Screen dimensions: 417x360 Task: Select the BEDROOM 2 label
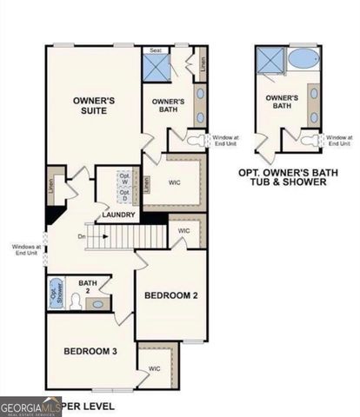tap(171, 296)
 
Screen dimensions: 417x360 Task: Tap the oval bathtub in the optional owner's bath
tap(303, 60)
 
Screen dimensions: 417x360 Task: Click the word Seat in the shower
tap(157, 50)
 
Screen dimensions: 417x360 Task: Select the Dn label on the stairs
tap(82, 236)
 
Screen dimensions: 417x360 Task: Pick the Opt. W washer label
tap(123, 180)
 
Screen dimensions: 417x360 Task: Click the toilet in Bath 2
tap(77, 301)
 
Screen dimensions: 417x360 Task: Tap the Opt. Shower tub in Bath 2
tap(56, 292)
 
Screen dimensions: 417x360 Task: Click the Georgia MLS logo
tap(28, 406)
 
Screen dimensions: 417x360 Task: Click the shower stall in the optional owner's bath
tap(269, 61)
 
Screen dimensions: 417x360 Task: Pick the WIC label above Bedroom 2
tap(184, 231)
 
